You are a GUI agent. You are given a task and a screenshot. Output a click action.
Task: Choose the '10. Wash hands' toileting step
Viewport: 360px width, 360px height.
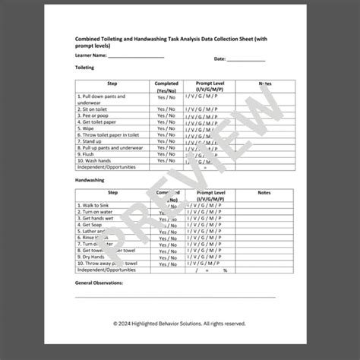pyautogui.click(x=96, y=160)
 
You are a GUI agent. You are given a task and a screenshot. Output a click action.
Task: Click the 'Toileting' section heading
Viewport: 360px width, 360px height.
pyautogui.click(x=84, y=68)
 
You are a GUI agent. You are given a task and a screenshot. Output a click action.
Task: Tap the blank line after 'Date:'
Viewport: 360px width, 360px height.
pyautogui.click(x=247, y=58)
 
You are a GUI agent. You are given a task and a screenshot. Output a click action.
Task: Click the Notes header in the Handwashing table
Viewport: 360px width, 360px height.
pyautogui.click(x=264, y=194)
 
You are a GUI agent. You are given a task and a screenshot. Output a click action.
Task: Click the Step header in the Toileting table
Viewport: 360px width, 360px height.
pyautogui.click(x=112, y=84)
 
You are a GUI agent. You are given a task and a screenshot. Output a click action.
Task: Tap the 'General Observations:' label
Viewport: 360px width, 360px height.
pyautogui.click(x=99, y=283)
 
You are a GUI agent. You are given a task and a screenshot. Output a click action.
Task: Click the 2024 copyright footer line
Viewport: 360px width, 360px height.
pyautogui.click(x=179, y=324)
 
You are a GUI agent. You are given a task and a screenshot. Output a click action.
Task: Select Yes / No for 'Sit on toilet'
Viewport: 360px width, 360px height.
pyautogui.click(x=166, y=109)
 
